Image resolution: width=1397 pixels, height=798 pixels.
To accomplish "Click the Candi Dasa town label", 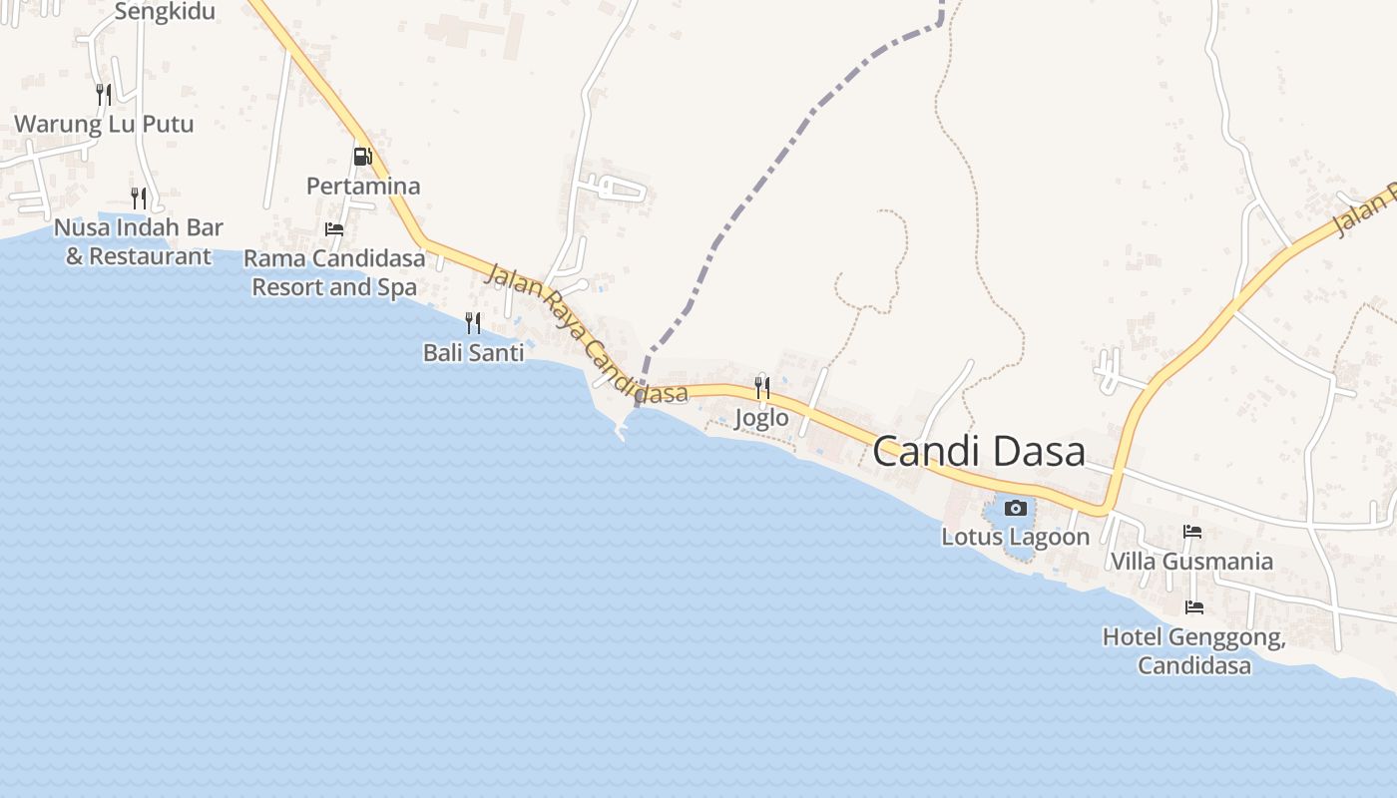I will (979, 452).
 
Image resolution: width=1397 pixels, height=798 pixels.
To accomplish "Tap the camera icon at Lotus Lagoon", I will (1016, 509).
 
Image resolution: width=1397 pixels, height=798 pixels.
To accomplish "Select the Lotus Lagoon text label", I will (1016, 537).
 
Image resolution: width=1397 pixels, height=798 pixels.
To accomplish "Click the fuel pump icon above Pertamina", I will (362, 157).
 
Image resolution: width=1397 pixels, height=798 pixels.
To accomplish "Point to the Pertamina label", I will (363, 187).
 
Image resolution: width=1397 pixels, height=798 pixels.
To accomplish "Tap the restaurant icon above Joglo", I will (762, 387).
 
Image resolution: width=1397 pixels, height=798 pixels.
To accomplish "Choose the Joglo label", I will (761, 418).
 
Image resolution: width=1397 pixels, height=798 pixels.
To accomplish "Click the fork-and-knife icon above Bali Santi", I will (473, 322).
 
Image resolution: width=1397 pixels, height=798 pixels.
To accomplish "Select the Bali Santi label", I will (473, 353).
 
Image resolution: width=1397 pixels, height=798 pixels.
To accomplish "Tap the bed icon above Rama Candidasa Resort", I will (334, 229).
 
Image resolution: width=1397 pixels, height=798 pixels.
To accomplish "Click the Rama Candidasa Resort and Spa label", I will (334, 273).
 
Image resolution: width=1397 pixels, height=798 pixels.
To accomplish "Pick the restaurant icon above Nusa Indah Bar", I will (139, 198).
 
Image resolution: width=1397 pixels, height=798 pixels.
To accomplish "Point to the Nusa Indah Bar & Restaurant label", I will (139, 241).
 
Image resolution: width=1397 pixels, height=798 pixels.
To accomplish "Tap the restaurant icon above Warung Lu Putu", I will (104, 95).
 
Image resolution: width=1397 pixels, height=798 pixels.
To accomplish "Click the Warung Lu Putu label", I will (104, 125).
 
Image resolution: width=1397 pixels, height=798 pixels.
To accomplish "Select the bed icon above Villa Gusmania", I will (1192, 532).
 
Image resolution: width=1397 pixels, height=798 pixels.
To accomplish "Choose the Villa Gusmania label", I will (1191, 562).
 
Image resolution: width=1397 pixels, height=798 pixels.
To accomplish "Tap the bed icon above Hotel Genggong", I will (1193, 606).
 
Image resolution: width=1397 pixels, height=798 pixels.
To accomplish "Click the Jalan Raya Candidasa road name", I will (585, 333).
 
